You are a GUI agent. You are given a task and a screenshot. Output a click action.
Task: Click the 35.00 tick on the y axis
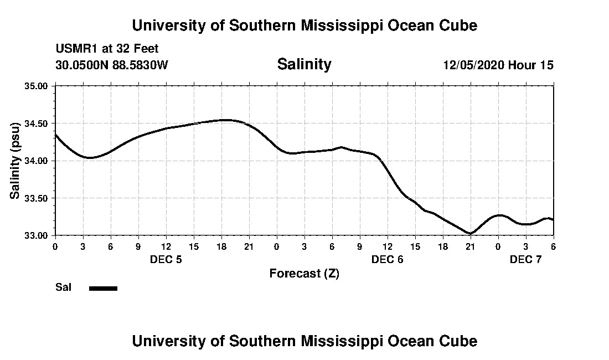click(x=37, y=86)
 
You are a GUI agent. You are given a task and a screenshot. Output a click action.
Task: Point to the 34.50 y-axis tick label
click(x=37, y=124)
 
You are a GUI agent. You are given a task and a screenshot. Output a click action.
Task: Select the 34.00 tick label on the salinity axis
click(x=37, y=161)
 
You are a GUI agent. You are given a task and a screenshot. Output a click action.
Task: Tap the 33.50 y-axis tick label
click(x=37, y=198)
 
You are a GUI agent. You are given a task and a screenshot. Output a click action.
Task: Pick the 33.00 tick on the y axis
click(x=37, y=235)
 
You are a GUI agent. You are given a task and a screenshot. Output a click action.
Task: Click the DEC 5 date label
click(x=166, y=259)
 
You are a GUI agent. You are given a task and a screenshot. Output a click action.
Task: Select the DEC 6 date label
click(x=387, y=259)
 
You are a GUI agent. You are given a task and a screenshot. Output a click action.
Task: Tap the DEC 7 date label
click(x=525, y=259)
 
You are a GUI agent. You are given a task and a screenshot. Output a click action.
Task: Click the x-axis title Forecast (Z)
click(x=304, y=274)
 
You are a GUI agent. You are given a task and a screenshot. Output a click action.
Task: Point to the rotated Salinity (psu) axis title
click(x=16, y=161)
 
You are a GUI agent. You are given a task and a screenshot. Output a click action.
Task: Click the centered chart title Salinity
click(x=304, y=64)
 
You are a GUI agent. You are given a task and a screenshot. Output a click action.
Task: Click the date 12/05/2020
click(x=473, y=65)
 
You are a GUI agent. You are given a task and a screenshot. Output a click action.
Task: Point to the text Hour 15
click(x=531, y=65)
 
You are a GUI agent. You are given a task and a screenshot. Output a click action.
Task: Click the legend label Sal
click(x=63, y=287)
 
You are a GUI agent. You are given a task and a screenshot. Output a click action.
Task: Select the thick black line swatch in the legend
click(x=103, y=288)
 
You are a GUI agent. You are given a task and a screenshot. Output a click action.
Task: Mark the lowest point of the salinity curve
click(x=470, y=234)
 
